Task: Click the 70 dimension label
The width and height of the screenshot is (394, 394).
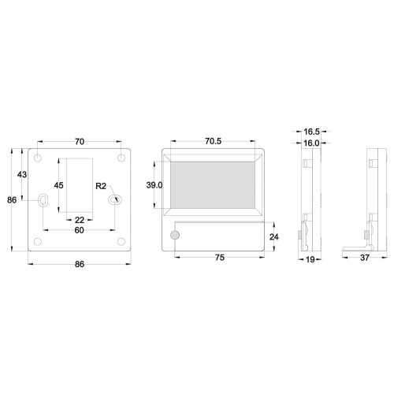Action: point(80,142)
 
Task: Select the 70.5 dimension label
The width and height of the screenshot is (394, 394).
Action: point(213,141)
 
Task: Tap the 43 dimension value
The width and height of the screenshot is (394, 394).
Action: point(22,174)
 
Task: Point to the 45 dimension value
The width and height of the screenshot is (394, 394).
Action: point(58,185)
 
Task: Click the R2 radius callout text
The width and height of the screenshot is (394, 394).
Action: point(101,186)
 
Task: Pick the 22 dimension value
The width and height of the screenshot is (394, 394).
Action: point(80,220)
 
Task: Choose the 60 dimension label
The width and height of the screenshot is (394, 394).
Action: point(79,230)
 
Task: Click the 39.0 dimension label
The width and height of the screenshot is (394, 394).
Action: point(154,185)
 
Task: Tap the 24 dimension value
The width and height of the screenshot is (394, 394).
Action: point(274,237)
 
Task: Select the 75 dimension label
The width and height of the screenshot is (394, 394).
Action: point(220,258)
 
